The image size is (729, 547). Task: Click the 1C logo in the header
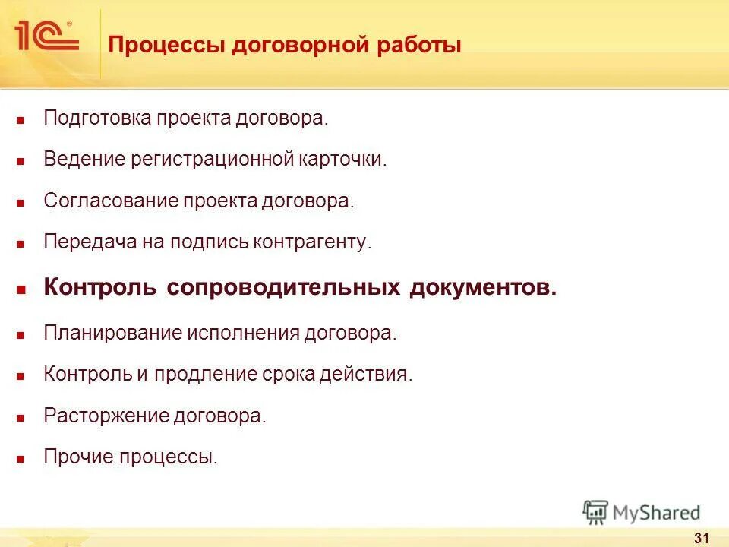[46, 36]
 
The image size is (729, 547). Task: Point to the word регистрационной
[212, 160]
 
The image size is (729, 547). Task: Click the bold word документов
[483, 289]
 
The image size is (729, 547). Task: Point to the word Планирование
[112, 334]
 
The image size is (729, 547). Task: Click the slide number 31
[701, 539]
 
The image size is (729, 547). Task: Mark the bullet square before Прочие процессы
[22, 459]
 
